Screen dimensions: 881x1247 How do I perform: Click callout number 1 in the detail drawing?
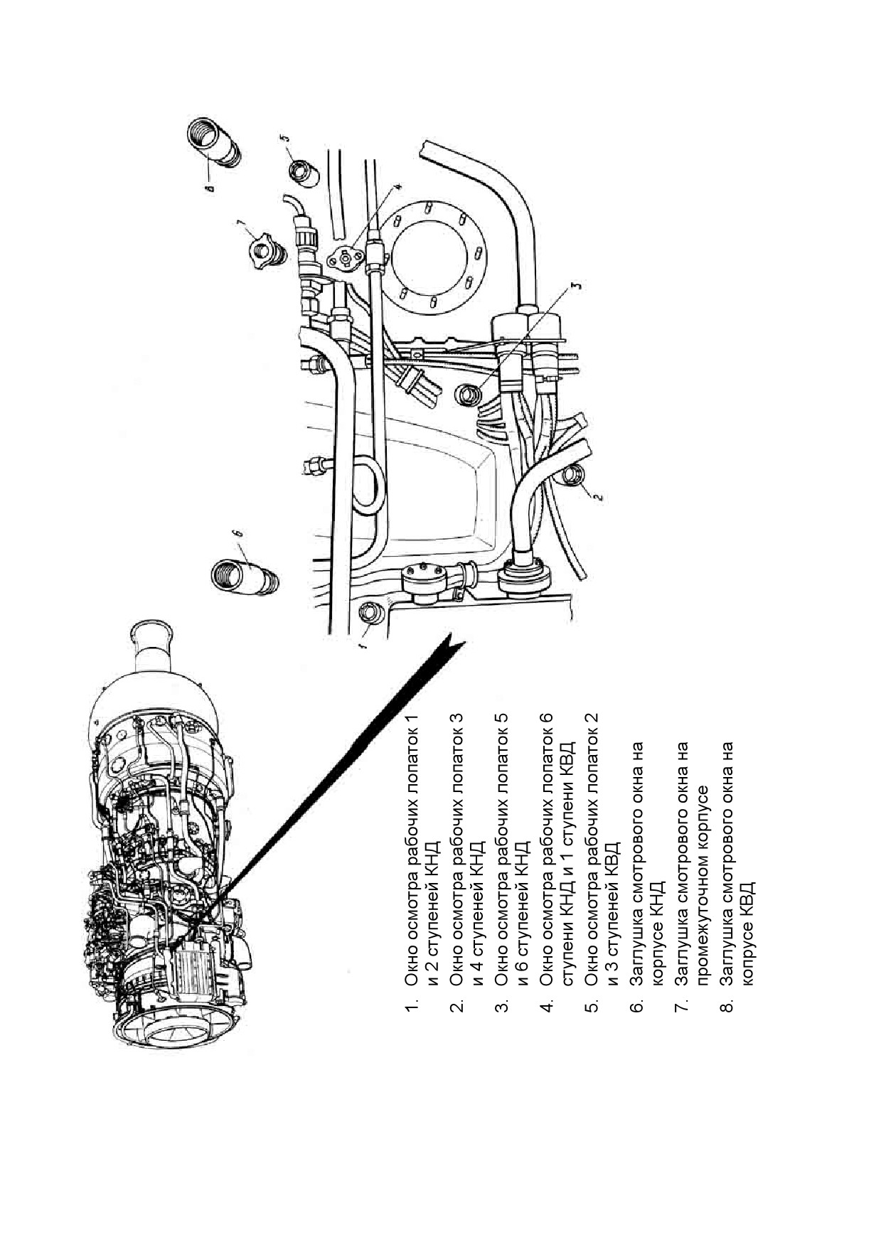tap(362, 647)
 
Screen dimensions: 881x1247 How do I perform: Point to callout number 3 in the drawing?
tap(577, 287)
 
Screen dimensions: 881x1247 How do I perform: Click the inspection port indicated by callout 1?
tap(371, 613)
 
